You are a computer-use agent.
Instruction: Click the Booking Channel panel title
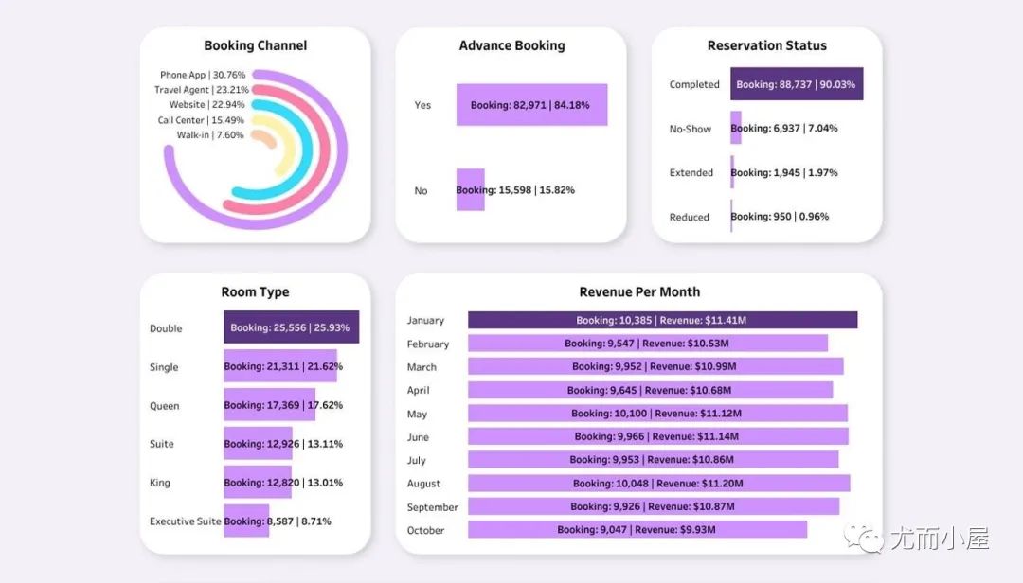pyautogui.click(x=256, y=45)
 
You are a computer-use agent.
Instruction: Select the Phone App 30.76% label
pyautogui.click(x=203, y=75)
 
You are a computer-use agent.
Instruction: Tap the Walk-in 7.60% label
pyautogui.click(x=210, y=135)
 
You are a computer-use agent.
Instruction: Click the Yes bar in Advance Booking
pyautogui.click(x=531, y=105)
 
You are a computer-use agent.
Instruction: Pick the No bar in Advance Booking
pyautogui.click(x=470, y=190)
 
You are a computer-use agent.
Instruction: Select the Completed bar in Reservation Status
pyautogui.click(x=797, y=84)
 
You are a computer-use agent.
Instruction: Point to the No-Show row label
pyautogui.click(x=691, y=129)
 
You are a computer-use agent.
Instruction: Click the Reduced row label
pyautogui.click(x=690, y=217)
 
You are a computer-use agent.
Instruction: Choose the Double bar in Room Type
pyautogui.click(x=291, y=327)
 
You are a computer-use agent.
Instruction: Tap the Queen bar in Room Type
pyautogui.click(x=269, y=405)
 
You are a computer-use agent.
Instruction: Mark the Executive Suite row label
pyautogui.click(x=186, y=521)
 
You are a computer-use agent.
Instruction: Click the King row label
pyautogui.click(x=160, y=483)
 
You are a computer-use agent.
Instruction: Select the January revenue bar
pyautogui.click(x=662, y=320)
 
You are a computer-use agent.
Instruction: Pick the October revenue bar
pyautogui.click(x=637, y=530)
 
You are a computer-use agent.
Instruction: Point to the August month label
pyautogui.click(x=424, y=484)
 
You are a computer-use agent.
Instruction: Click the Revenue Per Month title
pyautogui.click(x=639, y=292)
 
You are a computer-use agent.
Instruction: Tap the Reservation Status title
pyautogui.click(x=766, y=45)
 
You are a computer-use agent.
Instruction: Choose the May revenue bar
pyautogui.click(x=657, y=414)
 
